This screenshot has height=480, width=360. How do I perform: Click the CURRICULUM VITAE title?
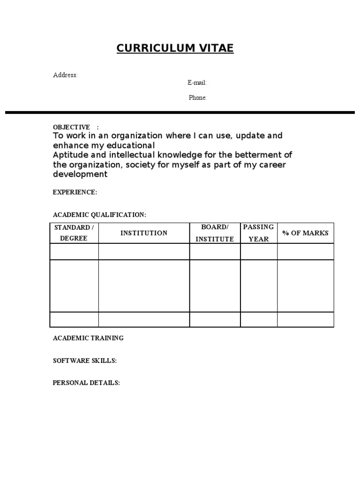(x=175, y=48)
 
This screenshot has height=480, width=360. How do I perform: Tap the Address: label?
(x=65, y=75)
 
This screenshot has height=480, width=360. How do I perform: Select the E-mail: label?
(x=197, y=83)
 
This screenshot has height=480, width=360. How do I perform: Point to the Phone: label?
(x=197, y=98)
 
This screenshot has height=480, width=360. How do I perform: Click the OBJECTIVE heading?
(x=71, y=127)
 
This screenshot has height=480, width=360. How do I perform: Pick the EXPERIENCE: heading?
(x=75, y=192)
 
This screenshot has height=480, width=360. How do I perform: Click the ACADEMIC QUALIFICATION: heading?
(x=99, y=215)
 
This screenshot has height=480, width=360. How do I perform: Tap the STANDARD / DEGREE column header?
(x=74, y=233)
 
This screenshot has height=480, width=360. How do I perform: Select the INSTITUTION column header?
(x=144, y=233)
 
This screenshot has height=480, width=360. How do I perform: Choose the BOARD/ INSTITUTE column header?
(x=215, y=233)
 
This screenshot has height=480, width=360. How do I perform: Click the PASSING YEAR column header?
(x=258, y=233)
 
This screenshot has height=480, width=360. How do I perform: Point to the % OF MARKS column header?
(x=305, y=233)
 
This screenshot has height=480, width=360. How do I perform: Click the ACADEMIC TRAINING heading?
(x=88, y=338)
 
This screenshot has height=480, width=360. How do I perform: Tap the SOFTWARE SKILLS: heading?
(x=85, y=360)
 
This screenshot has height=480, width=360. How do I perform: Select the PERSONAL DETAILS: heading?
(x=86, y=383)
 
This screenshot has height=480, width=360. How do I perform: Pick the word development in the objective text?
(x=80, y=174)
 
